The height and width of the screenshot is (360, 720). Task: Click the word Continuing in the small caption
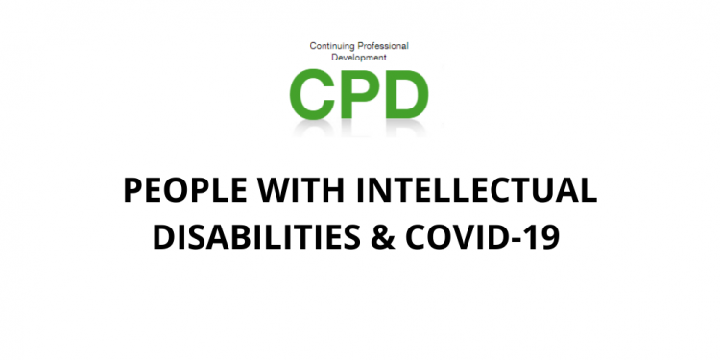[x=331, y=45]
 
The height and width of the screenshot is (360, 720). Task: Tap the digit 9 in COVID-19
[x=550, y=236]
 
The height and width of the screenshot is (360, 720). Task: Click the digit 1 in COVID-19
[x=533, y=236]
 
